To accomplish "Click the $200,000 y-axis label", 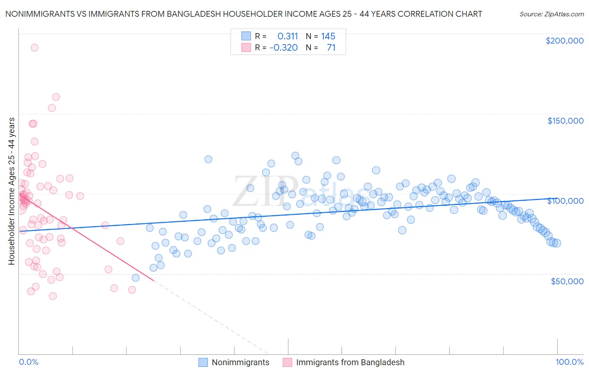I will tap(564, 41).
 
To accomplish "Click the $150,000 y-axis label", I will tap(565, 121).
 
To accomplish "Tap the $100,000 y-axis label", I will tap(565, 201).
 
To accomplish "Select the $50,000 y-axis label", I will tap(567, 281).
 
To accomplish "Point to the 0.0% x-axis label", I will tap(28, 362).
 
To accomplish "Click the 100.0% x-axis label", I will tap(569, 362).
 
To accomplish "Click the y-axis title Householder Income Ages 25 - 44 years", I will tap(11, 191).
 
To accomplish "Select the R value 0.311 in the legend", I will tap(287, 36).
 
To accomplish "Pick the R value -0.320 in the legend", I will tap(284, 47).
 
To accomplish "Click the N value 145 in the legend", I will tap(328, 36).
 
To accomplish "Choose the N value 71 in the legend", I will tap(331, 47).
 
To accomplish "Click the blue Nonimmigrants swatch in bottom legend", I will tap(203, 362).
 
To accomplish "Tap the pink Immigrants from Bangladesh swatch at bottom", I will tap(287, 362).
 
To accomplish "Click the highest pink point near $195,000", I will tap(34, 48).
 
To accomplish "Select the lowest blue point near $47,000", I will tap(135, 278).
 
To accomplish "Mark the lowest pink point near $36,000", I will tap(53, 296).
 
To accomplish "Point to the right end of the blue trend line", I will tap(557, 199).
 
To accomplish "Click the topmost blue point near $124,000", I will tap(295, 156).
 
